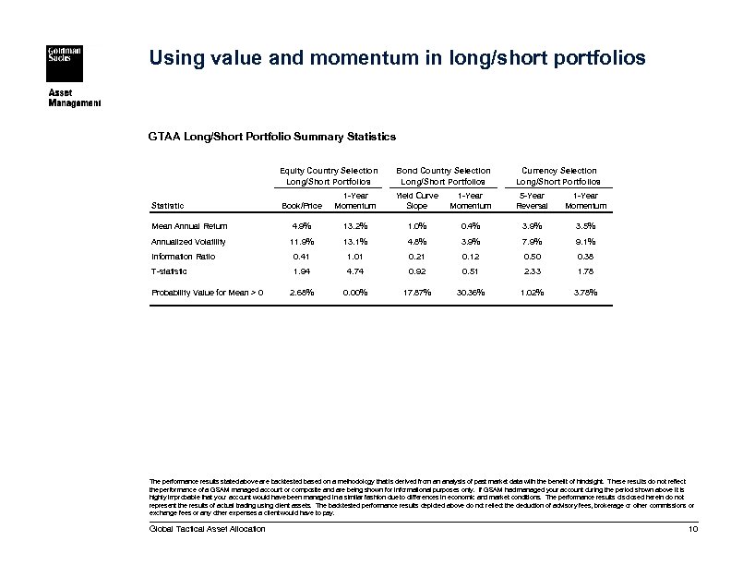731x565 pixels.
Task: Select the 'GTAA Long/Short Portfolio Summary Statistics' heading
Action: (x=271, y=136)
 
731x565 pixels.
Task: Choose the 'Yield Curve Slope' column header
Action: (x=417, y=200)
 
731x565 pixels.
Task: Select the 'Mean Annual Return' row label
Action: (x=189, y=225)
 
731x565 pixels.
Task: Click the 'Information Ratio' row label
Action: (x=185, y=256)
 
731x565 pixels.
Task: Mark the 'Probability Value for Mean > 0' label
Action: (x=208, y=293)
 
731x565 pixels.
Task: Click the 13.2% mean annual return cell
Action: (x=356, y=225)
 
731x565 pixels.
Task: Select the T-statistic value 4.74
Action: (x=356, y=271)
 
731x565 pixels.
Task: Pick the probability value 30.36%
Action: (x=471, y=293)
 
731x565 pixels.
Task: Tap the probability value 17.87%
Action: (x=416, y=293)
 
